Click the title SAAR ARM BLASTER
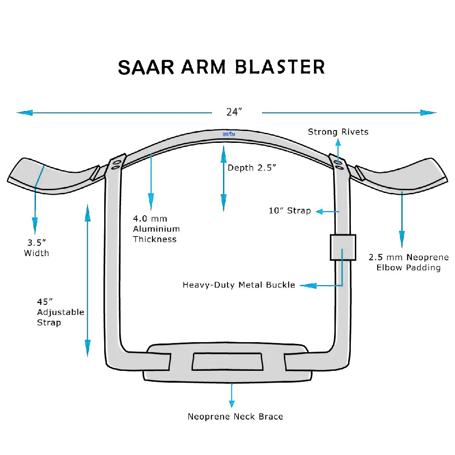click(x=222, y=66)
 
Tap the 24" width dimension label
click(x=235, y=112)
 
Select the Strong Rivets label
click(x=338, y=132)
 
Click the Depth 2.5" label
click(x=252, y=167)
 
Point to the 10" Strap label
click(x=290, y=211)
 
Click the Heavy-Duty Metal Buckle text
click(x=239, y=285)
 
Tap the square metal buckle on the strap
click(x=343, y=248)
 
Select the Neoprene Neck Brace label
click(x=235, y=416)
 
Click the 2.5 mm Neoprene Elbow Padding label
click(x=409, y=262)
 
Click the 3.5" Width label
click(x=36, y=248)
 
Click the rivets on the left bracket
click(x=116, y=164)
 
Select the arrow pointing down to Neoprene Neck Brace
click(x=232, y=396)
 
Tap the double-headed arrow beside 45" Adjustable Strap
click(x=87, y=280)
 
